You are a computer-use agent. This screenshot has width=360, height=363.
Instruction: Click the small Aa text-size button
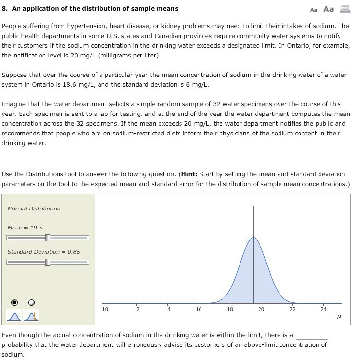coord(314,10)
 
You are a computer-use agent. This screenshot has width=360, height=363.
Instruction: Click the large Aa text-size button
coord(329,9)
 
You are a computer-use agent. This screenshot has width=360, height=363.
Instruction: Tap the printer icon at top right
coord(345,9)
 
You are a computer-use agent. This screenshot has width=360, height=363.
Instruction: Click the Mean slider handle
coord(47,238)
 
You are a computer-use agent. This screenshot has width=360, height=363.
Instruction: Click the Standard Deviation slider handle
coord(47,262)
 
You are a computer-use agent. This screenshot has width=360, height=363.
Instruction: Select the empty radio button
coord(31,302)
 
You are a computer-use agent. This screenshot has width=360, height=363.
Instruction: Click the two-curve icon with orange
coord(32,316)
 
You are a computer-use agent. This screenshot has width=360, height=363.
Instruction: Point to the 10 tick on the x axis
coord(105,309)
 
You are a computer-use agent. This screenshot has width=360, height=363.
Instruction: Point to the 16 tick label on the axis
coord(199,309)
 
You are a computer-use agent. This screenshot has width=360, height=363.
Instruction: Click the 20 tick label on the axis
coord(261,309)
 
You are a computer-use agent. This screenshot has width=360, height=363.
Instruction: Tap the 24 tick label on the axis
coord(323,309)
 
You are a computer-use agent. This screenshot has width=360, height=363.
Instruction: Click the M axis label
coord(339,318)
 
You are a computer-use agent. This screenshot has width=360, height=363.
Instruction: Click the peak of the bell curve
coord(253,238)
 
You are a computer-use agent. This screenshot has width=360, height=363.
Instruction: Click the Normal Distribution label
coord(34,209)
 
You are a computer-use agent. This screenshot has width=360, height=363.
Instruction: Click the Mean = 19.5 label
coord(25,228)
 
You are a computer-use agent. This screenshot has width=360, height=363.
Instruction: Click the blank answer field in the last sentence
coord(312,335)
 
